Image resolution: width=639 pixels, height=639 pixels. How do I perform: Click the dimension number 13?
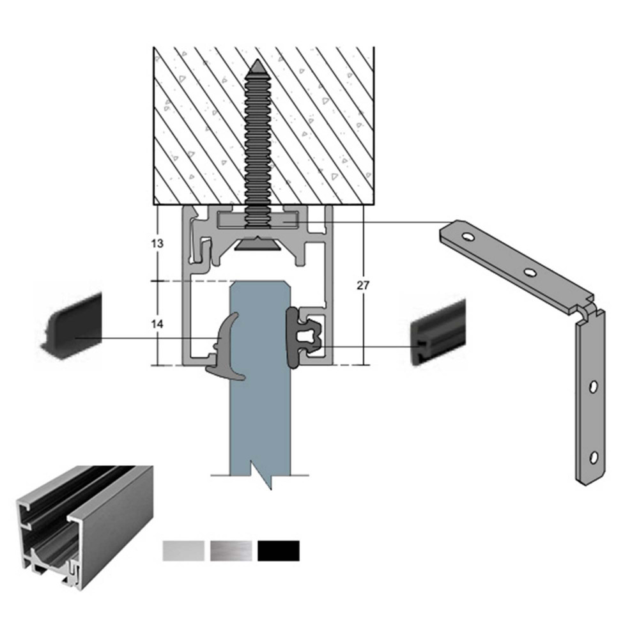click(x=157, y=243)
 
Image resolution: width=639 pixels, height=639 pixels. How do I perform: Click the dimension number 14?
click(x=157, y=324)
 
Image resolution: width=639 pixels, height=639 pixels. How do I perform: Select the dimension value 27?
click(x=363, y=286)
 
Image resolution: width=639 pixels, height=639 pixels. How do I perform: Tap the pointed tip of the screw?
click(x=258, y=61)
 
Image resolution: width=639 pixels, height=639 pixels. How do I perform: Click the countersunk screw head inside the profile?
click(x=257, y=243)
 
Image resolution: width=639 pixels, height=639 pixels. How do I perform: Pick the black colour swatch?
click(x=279, y=551)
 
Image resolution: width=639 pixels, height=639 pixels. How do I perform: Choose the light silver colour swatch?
click(x=183, y=551)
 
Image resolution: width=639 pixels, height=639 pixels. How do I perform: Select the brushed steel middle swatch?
click(x=231, y=551)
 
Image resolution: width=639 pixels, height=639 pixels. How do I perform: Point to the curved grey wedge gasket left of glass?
click(x=224, y=346)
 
